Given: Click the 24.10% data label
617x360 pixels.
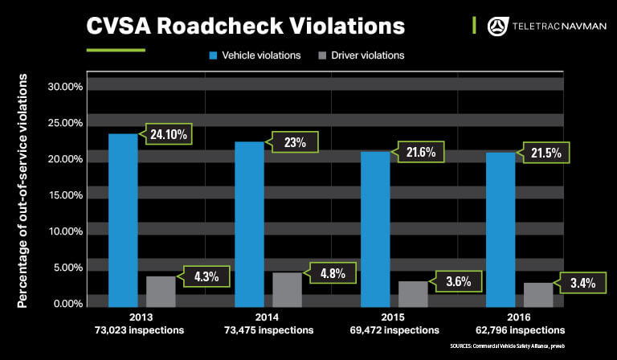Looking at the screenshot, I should click(x=168, y=134).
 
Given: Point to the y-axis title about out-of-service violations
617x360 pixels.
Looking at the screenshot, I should click(x=23, y=190).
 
